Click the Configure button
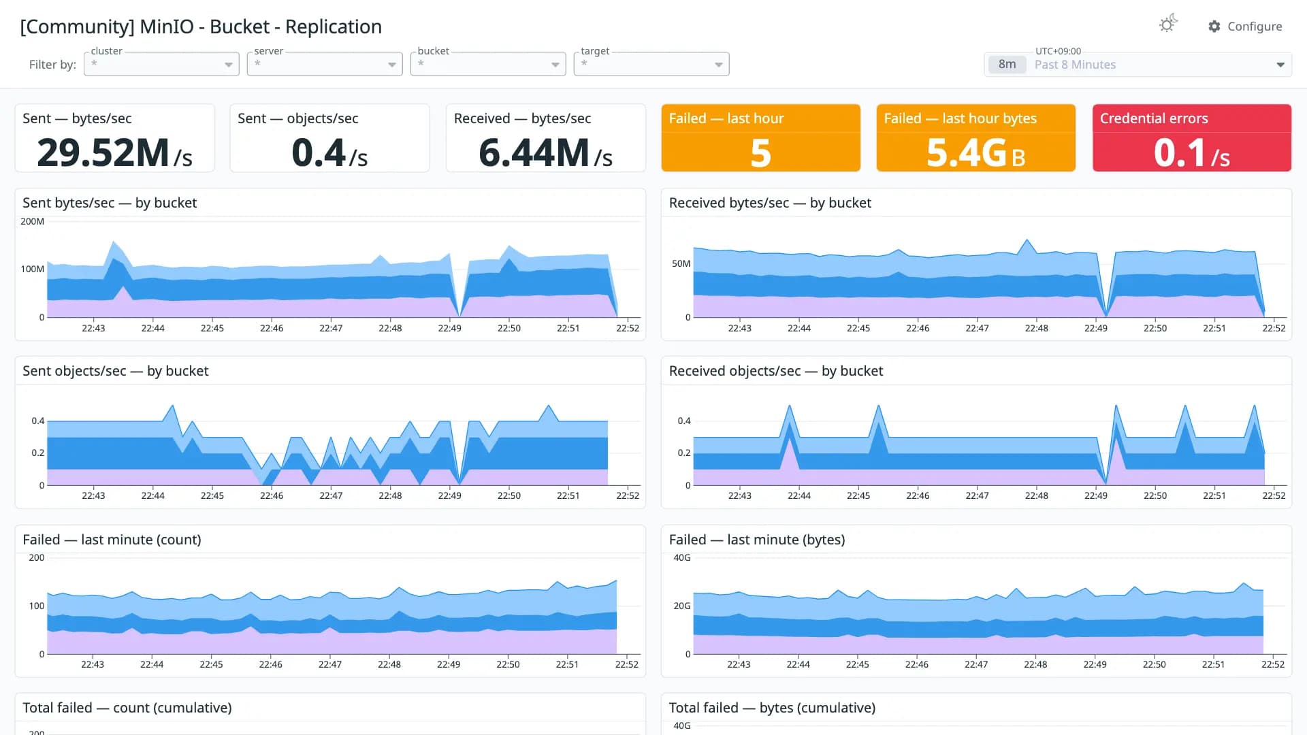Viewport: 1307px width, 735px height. [1245, 27]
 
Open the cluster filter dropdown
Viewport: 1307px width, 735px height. [161, 64]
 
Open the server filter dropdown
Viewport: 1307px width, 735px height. [325, 64]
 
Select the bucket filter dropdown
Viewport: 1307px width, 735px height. [488, 64]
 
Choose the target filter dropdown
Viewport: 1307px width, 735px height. [651, 64]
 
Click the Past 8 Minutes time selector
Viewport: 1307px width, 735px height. [1137, 65]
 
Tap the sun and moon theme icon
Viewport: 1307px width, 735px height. [1168, 24]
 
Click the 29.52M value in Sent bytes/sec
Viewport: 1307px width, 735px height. [103, 152]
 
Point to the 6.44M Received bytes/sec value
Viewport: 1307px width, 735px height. [534, 152]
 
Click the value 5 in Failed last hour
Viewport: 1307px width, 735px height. [761, 152]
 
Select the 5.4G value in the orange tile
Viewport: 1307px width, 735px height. [967, 152]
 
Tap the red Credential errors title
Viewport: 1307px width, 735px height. [1154, 118]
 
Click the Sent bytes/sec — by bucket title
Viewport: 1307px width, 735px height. [110, 203]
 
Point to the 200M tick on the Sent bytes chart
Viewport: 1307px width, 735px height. [32, 221]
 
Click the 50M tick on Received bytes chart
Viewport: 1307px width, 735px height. [681, 263]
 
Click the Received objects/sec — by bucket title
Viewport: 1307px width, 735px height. [776, 371]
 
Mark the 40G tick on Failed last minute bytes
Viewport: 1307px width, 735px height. [682, 557]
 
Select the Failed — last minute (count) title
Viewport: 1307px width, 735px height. [112, 540]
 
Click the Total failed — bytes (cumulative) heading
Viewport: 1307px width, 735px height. [772, 708]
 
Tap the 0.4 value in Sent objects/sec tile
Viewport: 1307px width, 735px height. [319, 152]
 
